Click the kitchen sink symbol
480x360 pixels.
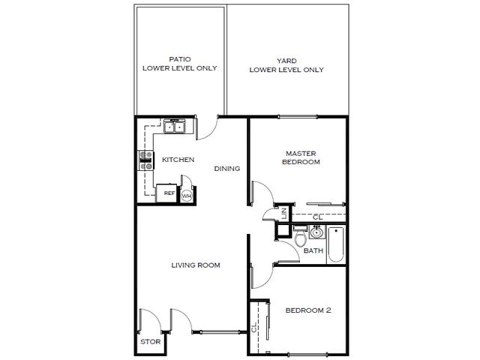[x=174, y=127]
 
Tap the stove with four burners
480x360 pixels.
[x=146, y=160]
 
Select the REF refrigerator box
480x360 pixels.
[x=167, y=193]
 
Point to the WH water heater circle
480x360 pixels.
[x=187, y=196]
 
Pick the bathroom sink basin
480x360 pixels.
[x=317, y=232]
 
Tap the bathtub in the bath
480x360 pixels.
[x=336, y=244]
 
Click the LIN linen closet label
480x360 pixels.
[x=284, y=213]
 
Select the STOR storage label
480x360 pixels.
[x=151, y=341]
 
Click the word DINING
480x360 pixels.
[x=227, y=169]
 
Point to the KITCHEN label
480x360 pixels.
[x=178, y=160]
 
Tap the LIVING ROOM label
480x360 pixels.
[x=196, y=265]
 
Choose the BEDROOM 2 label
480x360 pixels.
[x=308, y=310]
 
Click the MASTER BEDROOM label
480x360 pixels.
[x=301, y=158]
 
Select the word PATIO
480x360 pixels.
[x=180, y=59]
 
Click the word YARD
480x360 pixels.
[x=287, y=61]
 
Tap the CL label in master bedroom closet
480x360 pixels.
[x=318, y=217]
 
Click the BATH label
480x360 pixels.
[x=313, y=251]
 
